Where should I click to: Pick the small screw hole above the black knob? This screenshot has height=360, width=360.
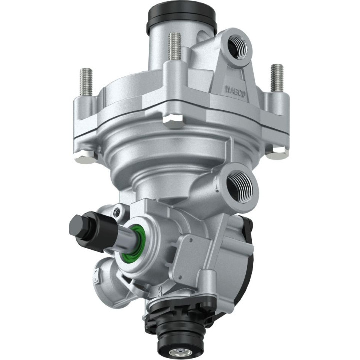(x=116, y=213)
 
